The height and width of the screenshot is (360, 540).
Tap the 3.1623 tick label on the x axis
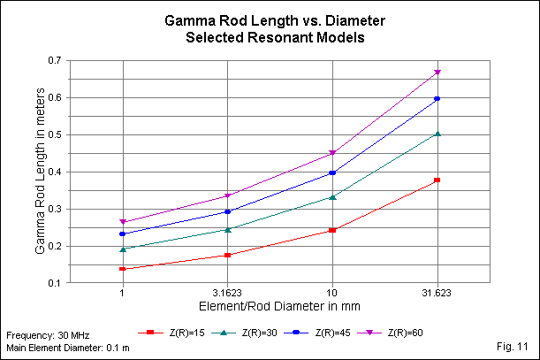pos(227,292)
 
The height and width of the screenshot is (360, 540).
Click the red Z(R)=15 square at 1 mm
pos(122,269)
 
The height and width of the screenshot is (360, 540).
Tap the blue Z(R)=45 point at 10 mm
pos(332,173)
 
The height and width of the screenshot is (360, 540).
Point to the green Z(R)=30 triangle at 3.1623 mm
pos(227,229)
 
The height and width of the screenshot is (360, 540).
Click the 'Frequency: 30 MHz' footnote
pos(44,337)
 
